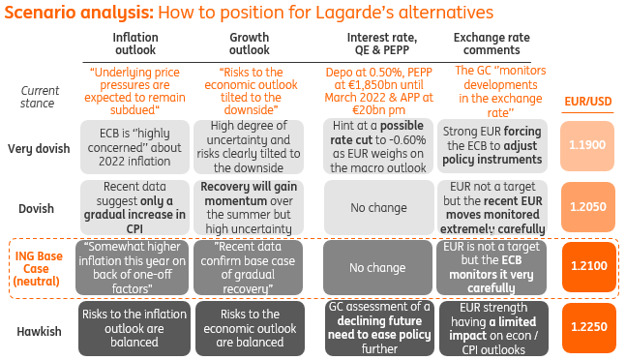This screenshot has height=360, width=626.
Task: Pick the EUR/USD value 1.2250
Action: pyautogui.click(x=586, y=328)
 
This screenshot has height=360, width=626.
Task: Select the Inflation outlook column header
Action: pyautogui.click(x=134, y=44)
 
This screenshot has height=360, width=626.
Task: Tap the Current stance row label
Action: pyautogui.click(x=39, y=97)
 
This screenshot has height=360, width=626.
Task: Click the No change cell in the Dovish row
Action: pyautogui.click(x=377, y=208)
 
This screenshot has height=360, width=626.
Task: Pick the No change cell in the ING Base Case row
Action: pyautogui.click(x=377, y=268)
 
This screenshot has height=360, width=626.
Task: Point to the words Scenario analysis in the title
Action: pyautogui.click(x=75, y=13)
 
